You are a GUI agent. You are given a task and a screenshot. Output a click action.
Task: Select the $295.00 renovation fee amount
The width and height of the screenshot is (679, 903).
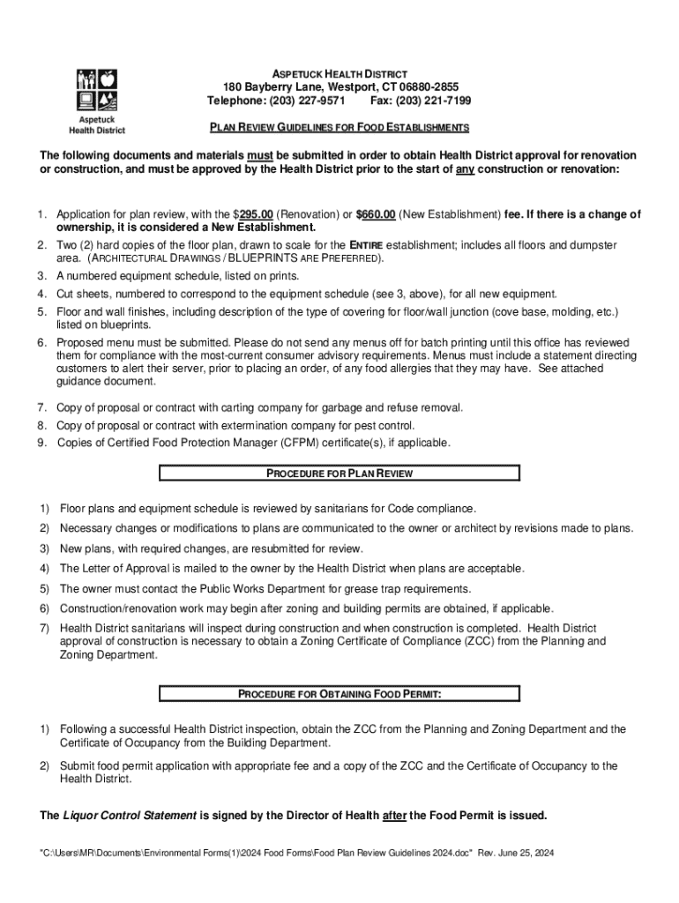pos(256,214)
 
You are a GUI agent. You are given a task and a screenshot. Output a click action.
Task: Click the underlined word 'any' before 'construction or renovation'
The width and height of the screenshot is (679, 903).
pos(465,168)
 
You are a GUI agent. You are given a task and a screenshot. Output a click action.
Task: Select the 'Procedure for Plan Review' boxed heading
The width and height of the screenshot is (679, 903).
pos(339,474)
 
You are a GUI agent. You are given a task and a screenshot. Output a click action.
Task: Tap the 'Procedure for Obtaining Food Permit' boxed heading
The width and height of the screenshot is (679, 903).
pos(339,694)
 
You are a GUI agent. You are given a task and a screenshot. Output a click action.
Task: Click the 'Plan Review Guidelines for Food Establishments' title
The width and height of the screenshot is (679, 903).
pos(339,128)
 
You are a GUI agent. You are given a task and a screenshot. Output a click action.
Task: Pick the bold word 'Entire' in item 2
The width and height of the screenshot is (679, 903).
pos(364,244)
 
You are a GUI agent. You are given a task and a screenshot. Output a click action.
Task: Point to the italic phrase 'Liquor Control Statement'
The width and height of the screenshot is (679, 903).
pos(130,816)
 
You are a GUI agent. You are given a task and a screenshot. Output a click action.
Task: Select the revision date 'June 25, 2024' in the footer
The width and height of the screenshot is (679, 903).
pos(525,854)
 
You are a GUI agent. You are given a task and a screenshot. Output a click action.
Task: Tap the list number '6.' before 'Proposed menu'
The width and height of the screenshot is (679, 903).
pos(41,342)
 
